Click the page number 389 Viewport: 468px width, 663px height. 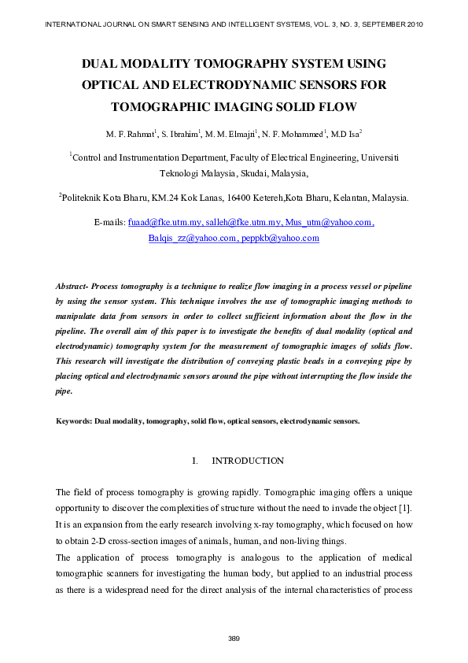(x=234, y=638)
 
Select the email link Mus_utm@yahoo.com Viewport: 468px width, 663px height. (x=329, y=223)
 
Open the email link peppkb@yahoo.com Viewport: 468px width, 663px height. (x=281, y=238)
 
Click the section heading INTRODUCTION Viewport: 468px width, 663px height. (x=248, y=461)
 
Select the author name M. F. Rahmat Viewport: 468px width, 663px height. (x=128, y=133)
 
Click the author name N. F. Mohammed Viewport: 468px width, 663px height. (x=295, y=133)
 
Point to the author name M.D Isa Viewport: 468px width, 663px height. (x=345, y=133)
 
